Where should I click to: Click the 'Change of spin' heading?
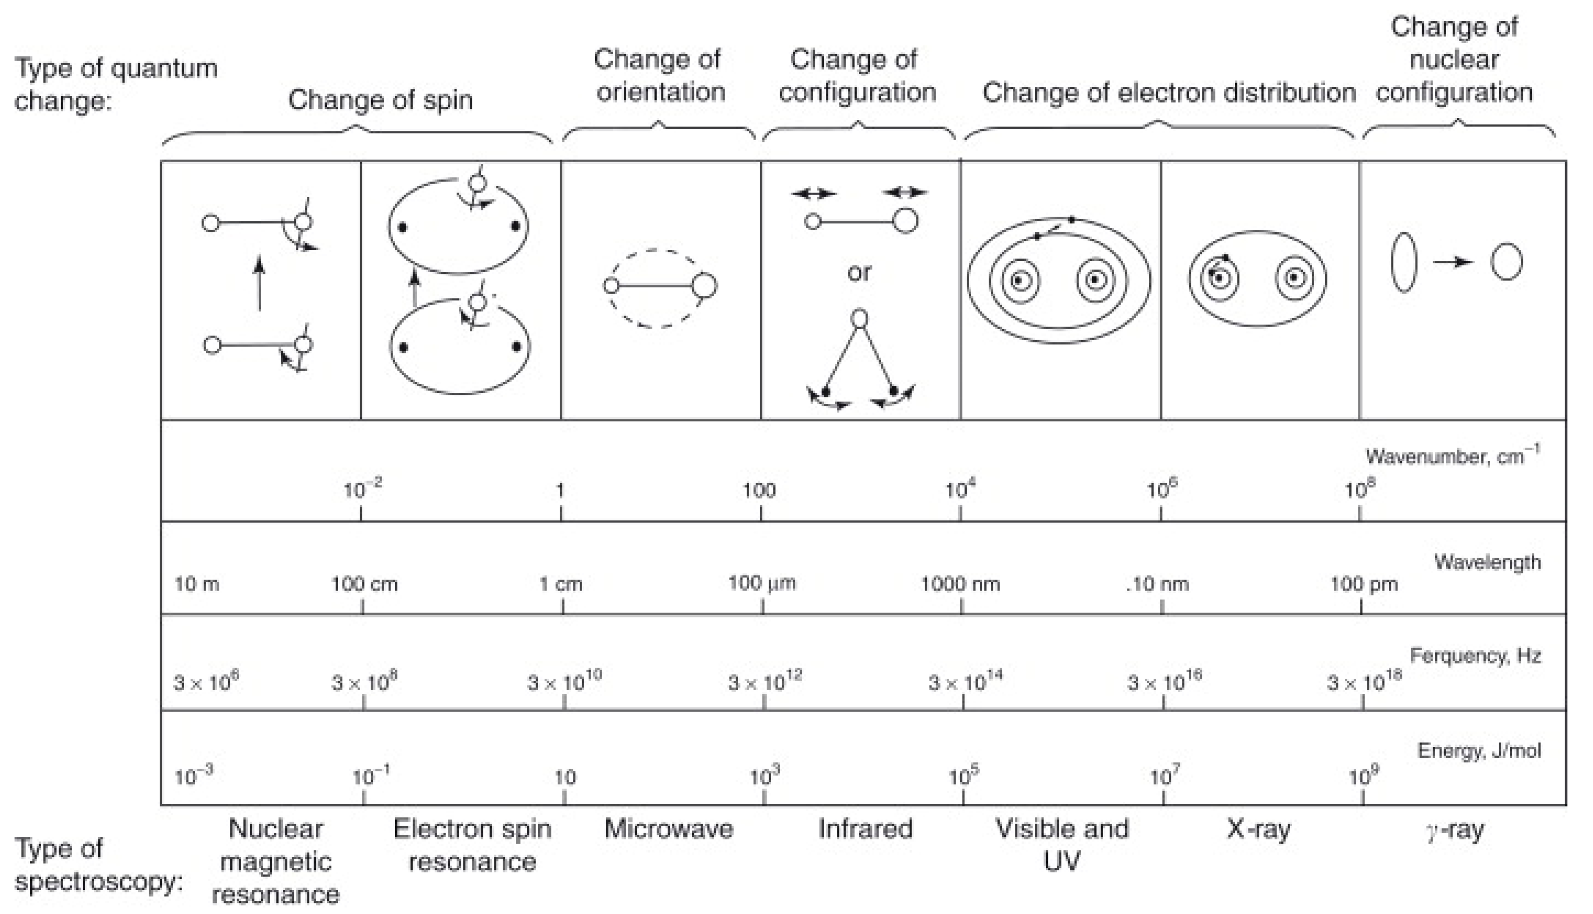tap(380, 100)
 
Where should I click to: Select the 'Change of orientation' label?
tap(659, 76)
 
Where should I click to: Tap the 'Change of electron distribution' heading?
tap(1168, 93)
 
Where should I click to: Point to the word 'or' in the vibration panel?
tap(859, 272)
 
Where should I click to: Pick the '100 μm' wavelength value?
tap(762, 583)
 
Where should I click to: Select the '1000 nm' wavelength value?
tap(960, 584)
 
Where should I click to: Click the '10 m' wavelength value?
tap(197, 584)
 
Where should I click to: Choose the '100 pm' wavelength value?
tap(1363, 584)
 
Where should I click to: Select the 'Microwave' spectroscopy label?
tap(668, 829)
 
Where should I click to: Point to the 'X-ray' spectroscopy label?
tap(1258, 829)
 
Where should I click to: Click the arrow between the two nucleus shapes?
tap(1453, 262)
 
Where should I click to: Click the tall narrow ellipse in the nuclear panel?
tap(1403, 262)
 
